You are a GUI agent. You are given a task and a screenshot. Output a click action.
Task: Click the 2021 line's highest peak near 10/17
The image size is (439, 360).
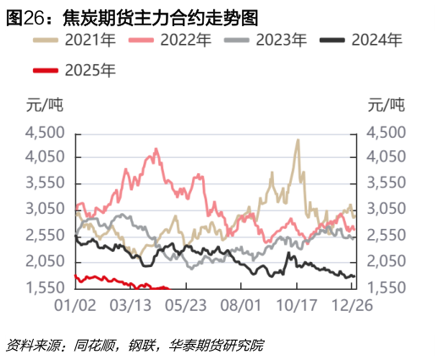(298, 140)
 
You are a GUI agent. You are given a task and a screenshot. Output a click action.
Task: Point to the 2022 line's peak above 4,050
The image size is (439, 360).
(155, 150)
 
